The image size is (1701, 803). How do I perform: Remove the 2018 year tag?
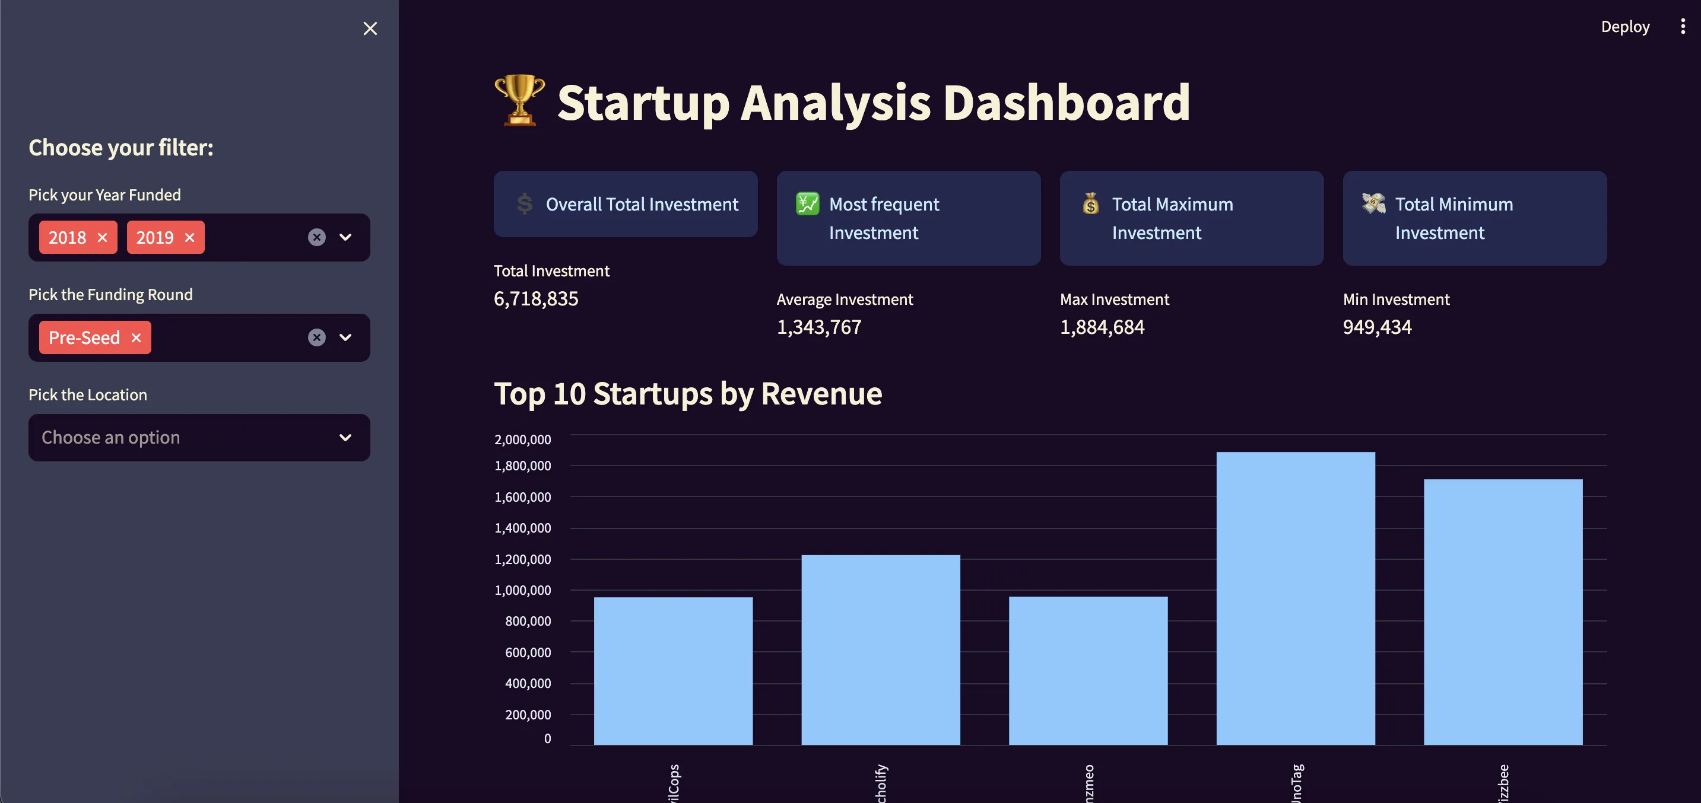[x=102, y=238]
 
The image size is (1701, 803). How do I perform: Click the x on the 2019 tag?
[x=189, y=238]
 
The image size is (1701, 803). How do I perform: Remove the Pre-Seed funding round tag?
[x=136, y=338]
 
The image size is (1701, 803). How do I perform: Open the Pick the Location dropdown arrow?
[x=345, y=438]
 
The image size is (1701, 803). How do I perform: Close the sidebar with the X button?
[x=370, y=28]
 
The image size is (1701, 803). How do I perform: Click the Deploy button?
[x=1624, y=27]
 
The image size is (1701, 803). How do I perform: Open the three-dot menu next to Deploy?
[x=1683, y=27]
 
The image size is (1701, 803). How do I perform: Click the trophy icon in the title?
[x=520, y=100]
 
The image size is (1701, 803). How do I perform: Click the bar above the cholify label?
[x=880, y=649]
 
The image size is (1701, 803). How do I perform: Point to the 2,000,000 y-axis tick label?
[x=522, y=439]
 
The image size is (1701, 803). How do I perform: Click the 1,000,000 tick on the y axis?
[x=522, y=590]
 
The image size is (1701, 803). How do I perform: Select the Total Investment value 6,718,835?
[x=536, y=299]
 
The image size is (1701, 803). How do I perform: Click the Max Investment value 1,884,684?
[x=1102, y=327]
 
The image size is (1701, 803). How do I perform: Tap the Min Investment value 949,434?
[x=1377, y=327]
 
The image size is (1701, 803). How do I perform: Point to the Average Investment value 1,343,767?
[x=819, y=327]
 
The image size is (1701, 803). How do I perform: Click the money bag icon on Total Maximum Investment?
[x=1091, y=204]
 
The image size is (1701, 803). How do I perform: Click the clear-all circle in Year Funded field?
[x=317, y=238]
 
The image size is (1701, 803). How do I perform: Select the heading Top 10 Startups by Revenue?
[x=688, y=394]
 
